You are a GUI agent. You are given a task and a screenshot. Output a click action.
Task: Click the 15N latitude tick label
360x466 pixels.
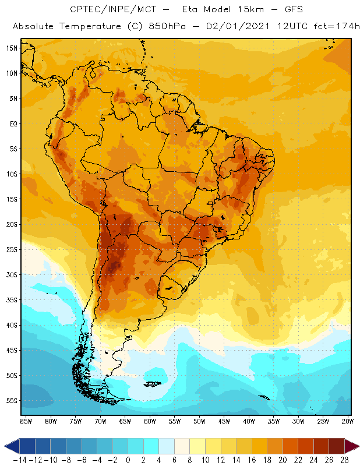coord(12,48)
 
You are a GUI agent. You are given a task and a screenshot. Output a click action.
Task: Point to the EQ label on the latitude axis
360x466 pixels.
coord(13,123)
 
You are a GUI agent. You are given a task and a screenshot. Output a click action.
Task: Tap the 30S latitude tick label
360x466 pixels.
coord(12,274)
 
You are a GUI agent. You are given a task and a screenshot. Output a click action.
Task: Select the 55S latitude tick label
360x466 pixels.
coord(12,401)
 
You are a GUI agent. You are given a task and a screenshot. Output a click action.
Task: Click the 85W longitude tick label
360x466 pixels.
coord(26,421)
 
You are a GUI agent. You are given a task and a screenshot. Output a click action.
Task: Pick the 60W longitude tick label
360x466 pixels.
coord(150,421)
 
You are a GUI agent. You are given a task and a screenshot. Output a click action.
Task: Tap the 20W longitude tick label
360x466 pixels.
coord(348,421)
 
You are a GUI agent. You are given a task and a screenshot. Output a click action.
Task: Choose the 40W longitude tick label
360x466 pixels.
coord(249,421)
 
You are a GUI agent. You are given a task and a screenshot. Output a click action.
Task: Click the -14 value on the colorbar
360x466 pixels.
coord(19,460)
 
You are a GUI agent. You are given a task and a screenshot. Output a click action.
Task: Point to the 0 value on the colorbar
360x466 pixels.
coord(128,460)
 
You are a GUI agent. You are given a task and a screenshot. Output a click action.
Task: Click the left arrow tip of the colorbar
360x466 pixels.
coord(5,446)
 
